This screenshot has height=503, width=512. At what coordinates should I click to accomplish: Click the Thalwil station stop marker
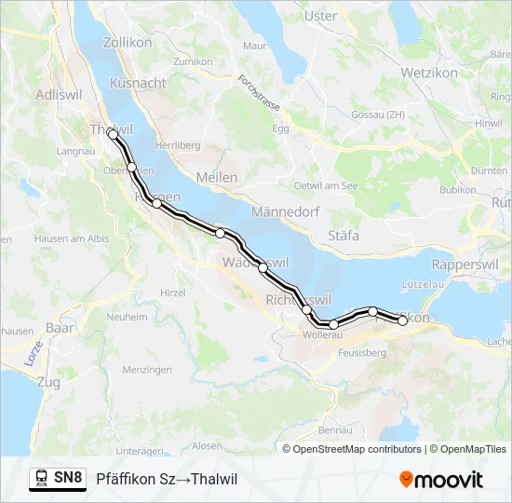[113, 134]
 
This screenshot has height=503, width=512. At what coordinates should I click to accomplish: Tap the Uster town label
[321, 16]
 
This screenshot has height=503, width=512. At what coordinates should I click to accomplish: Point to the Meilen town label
[217, 177]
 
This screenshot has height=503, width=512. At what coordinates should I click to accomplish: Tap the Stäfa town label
[344, 236]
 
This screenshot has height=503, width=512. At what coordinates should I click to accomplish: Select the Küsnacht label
[138, 83]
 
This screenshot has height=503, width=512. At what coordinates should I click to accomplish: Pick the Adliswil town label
[59, 94]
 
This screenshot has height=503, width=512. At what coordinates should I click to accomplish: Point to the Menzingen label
[147, 370]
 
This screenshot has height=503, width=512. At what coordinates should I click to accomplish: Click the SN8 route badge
[68, 479]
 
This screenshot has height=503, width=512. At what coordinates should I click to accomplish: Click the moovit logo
[441, 480]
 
